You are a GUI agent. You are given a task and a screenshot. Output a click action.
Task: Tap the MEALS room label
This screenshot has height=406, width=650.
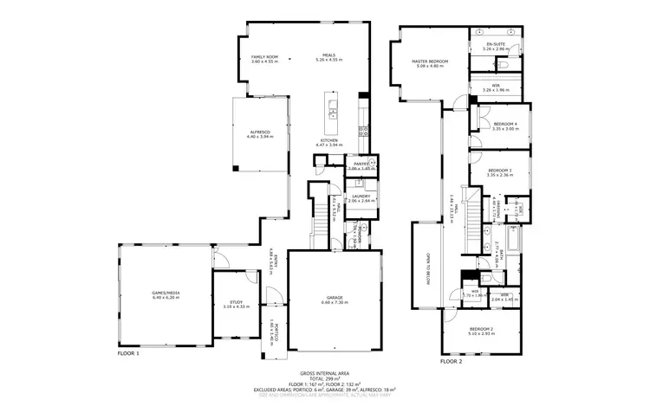coord(328,58)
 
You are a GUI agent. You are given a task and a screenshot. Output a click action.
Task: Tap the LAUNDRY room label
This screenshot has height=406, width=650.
coord(361,197)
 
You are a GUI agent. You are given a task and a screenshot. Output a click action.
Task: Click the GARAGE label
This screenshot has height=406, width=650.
coord(334,300)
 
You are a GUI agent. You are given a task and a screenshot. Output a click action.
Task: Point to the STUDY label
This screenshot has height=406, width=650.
coord(236,304)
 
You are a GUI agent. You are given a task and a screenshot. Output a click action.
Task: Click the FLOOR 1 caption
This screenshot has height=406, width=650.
coord(128,353)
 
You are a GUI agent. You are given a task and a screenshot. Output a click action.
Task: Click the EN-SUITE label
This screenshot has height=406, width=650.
coord(495,46)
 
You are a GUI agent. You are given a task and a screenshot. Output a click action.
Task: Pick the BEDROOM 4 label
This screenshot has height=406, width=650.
coord(504,126)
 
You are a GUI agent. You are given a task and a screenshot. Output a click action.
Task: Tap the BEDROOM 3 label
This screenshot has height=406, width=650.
coord(499,171)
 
